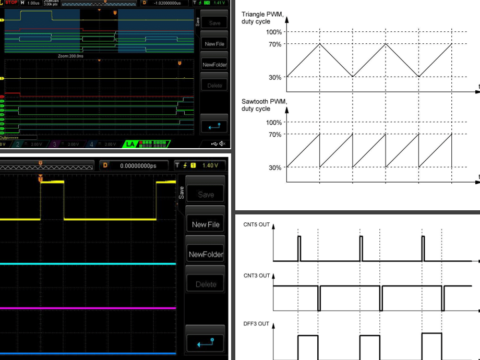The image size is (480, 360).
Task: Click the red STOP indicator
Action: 11,3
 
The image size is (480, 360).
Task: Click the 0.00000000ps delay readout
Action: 138,165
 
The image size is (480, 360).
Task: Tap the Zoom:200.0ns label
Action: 71,55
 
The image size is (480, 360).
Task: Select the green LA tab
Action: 128,143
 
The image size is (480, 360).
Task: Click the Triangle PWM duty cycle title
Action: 262,18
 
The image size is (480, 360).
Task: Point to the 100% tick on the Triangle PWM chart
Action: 274,32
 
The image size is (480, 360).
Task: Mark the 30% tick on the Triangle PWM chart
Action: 275,77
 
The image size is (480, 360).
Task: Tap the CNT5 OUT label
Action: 256,224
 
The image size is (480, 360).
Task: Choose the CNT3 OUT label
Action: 256,275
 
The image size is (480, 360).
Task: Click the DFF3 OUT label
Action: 256,323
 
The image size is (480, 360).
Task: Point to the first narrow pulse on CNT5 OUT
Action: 299,248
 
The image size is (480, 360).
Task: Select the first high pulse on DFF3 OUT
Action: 308,336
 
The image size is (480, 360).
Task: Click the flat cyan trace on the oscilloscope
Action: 89,264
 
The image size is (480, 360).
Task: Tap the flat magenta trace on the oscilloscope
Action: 89,308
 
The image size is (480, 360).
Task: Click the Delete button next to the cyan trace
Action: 206,284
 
